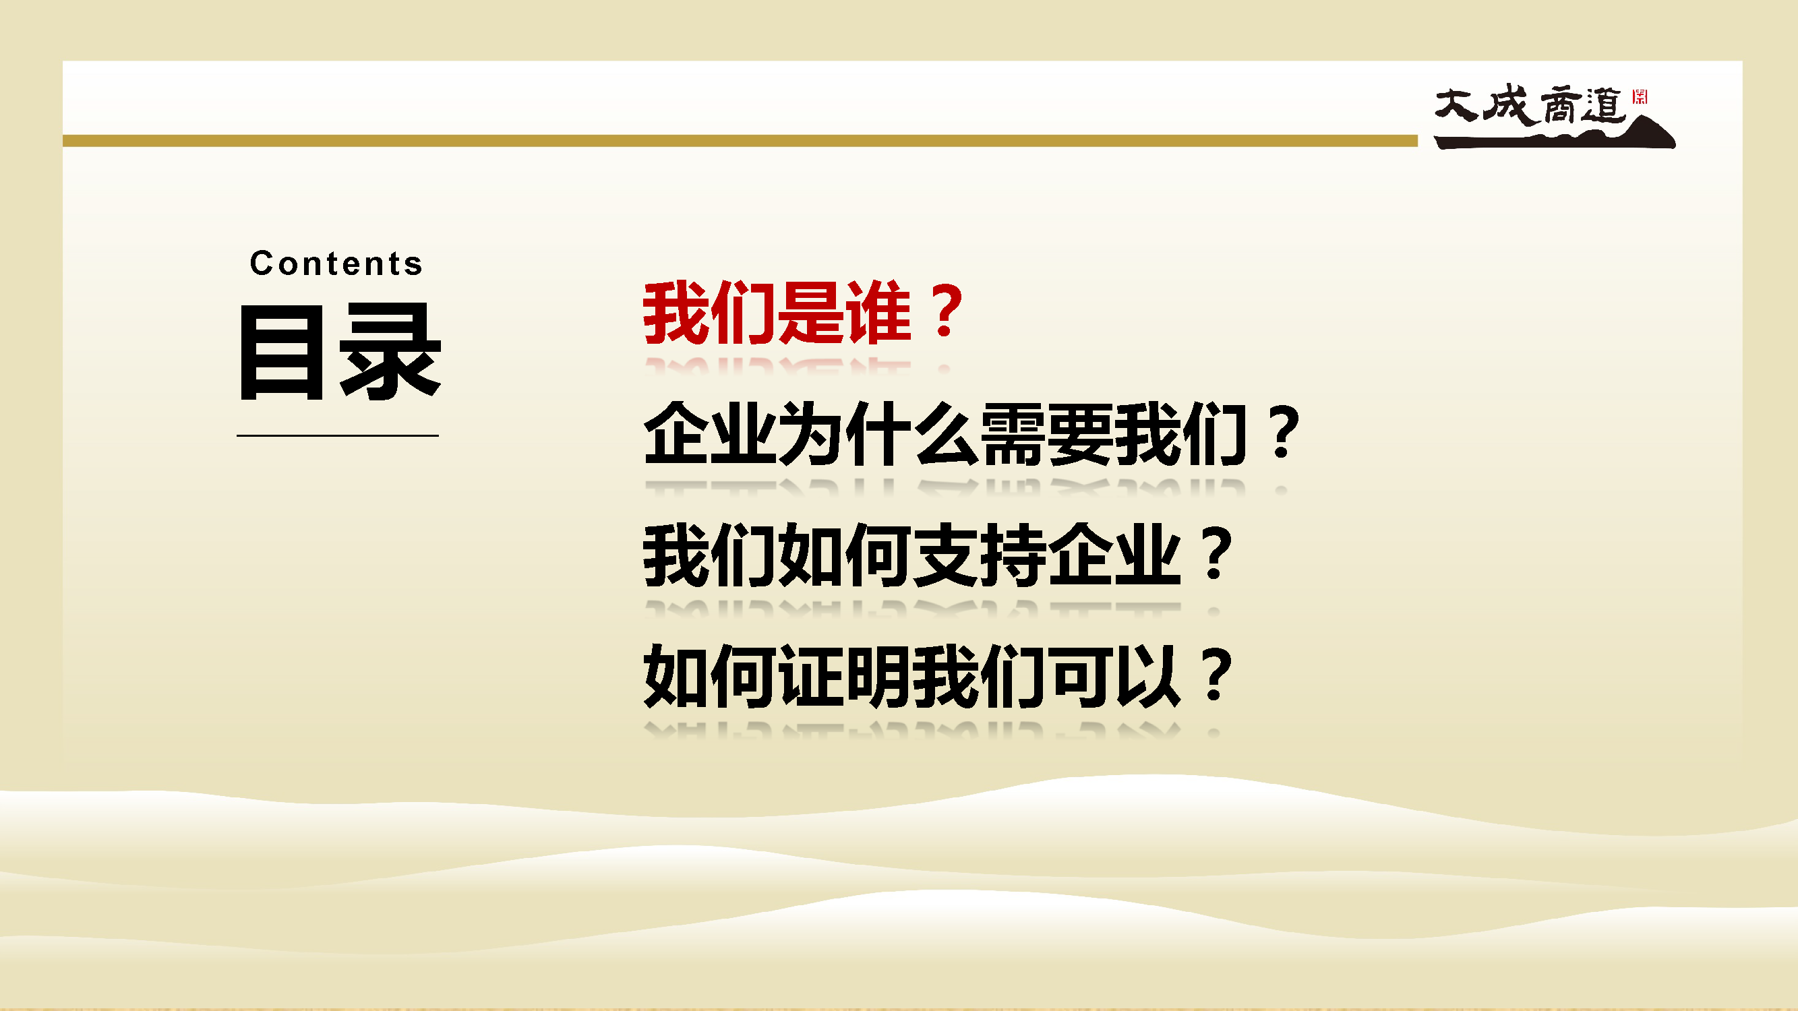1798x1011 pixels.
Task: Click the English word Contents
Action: tap(336, 264)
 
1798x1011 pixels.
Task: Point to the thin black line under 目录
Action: tap(338, 435)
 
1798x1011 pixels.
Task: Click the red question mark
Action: tap(947, 311)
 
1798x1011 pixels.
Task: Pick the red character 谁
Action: tap(878, 313)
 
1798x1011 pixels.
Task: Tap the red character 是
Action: tap(811, 313)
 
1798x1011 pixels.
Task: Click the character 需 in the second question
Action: tap(1013, 434)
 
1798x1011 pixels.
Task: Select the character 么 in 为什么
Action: tap(947, 434)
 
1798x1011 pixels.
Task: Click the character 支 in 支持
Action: tap(947, 555)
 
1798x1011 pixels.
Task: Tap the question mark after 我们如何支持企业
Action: tap(1216, 554)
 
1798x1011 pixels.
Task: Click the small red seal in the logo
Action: tap(1640, 96)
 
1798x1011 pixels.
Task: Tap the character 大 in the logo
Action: tap(1457, 105)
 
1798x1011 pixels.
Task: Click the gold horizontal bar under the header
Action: tap(740, 141)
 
